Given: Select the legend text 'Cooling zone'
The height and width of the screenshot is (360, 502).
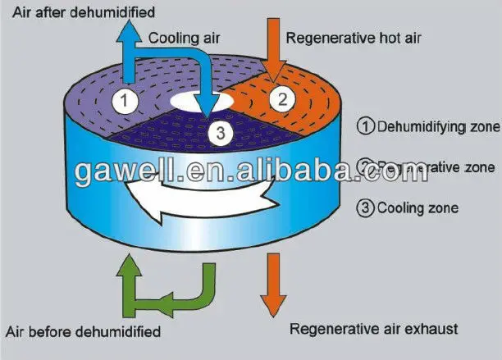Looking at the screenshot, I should point(418,207).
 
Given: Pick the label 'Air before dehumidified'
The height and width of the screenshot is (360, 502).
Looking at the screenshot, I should point(83,332).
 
